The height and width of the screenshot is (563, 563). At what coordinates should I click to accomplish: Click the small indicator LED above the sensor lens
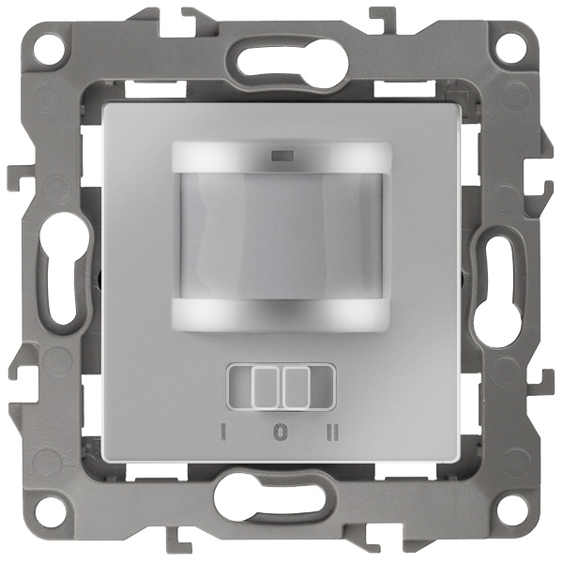283,156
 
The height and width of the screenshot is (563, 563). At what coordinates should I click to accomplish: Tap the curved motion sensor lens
281,236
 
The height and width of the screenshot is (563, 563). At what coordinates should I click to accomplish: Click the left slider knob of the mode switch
266,387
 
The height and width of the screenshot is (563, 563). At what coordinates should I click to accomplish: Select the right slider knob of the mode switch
296,387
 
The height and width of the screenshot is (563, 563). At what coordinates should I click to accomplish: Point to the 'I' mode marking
223,432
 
